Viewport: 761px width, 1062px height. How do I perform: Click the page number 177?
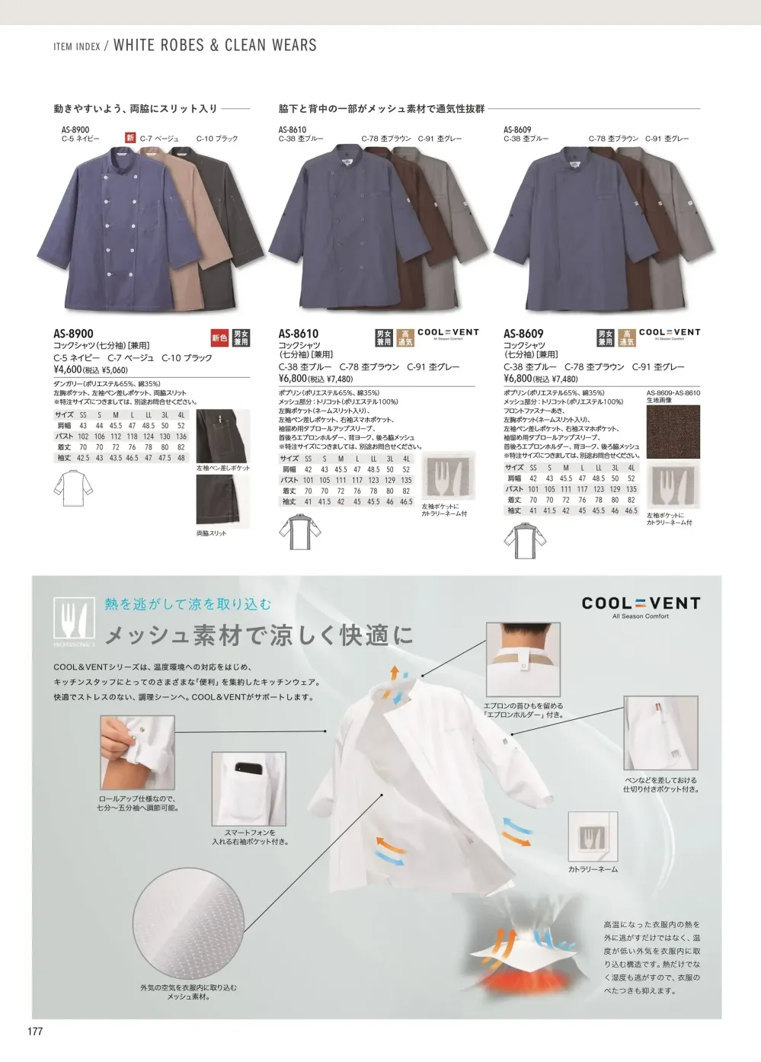[35, 1032]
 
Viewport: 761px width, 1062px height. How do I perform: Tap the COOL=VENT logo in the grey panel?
[641, 604]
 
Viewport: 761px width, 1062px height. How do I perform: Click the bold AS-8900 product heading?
[74, 334]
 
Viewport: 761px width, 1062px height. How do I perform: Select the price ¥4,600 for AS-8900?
[68, 369]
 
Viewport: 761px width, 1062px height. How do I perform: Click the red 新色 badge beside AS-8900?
[219, 338]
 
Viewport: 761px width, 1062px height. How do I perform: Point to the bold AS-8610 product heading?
[299, 334]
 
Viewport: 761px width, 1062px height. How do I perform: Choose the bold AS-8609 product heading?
[523, 334]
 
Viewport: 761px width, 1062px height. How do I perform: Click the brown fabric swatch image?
[673, 432]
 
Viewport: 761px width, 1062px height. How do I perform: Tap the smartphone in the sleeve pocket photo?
[248, 768]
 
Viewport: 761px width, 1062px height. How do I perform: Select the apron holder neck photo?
[523, 659]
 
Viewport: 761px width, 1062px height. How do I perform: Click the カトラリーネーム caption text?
[593, 869]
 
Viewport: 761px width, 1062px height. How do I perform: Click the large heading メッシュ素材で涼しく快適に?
[259, 635]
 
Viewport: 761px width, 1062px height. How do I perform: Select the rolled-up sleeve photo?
[137, 753]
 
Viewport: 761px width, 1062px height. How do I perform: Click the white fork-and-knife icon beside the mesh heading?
[74, 619]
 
